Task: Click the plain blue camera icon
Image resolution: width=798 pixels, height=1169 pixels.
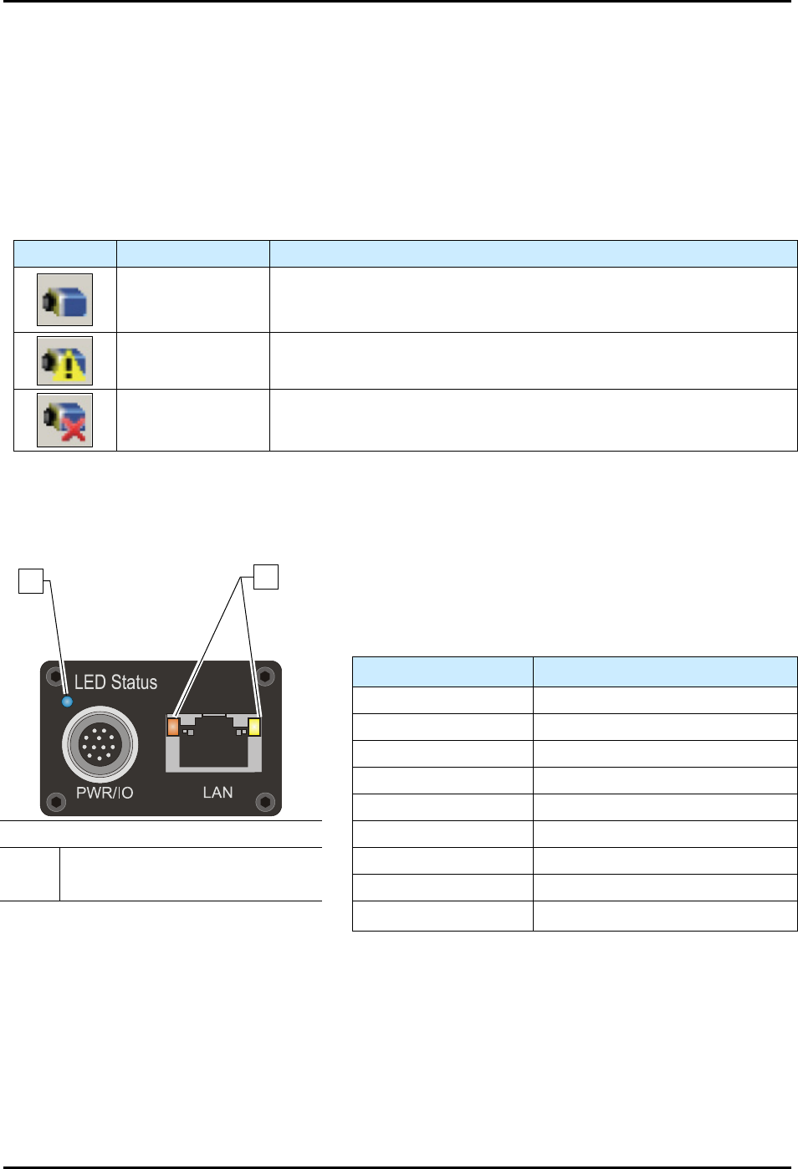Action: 64,299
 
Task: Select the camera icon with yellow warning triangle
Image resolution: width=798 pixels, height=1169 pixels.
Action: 64,360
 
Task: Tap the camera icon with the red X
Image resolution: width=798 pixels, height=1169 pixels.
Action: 64,420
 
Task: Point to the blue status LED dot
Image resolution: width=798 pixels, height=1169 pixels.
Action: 67,701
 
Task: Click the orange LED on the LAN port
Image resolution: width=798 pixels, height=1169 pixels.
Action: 173,727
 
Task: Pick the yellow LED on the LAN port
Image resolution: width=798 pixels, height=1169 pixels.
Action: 254,727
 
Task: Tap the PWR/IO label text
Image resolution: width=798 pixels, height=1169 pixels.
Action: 105,793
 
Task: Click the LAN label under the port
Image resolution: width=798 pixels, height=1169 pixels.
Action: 217,792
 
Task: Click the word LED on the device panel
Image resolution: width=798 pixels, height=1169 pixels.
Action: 90,682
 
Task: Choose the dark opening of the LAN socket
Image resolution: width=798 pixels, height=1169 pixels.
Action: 213,745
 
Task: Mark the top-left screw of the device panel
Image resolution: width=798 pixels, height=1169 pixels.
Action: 54,675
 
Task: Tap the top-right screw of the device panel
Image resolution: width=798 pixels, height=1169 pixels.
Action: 266,675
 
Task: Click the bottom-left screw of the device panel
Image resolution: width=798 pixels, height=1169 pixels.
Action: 55,802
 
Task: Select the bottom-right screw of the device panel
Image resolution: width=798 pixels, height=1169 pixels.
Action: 266,802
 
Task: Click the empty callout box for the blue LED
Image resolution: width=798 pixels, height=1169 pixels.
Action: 31,580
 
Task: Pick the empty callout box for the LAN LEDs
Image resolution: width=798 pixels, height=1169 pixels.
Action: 266,577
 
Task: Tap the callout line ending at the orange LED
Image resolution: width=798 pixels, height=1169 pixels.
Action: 209,644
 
